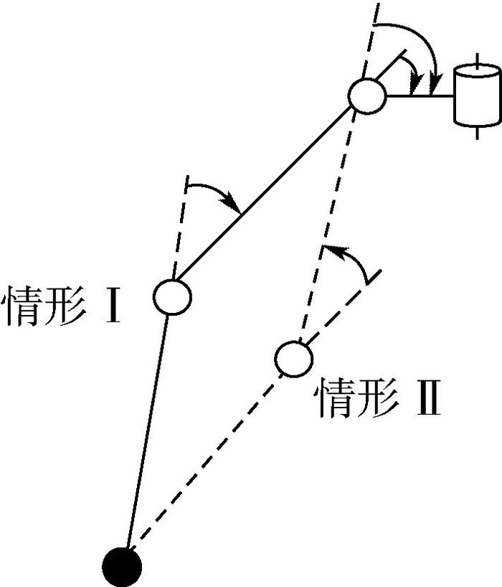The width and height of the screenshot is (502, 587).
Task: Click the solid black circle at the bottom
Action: pyautogui.click(x=122, y=568)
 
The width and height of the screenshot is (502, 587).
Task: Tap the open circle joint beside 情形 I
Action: pyautogui.click(x=172, y=297)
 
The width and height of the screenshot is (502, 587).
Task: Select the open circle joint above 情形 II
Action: pyautogui.click(x=293, y=359)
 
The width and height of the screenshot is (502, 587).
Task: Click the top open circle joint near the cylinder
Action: pyautogui.click(x=366, y=96)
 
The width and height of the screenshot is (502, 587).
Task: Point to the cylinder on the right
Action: pyautogui.click(x=478, y=95)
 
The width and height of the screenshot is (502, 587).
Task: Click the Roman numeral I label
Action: pyautogui.click(x=113, y=305)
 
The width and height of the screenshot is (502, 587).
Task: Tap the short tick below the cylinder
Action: pyautogui.click(x=477, y=133)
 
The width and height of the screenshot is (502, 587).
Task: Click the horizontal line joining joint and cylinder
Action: pyautogui.click(x=420, y=96)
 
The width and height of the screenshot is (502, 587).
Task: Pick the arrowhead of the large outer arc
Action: pyautogui.click(x=435, y=85)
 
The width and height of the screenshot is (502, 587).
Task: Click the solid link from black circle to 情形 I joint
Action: pyautogui.click(x=148, y=432)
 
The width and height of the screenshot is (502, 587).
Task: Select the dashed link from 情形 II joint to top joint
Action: pyautogui.click(x=325, y=227)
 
